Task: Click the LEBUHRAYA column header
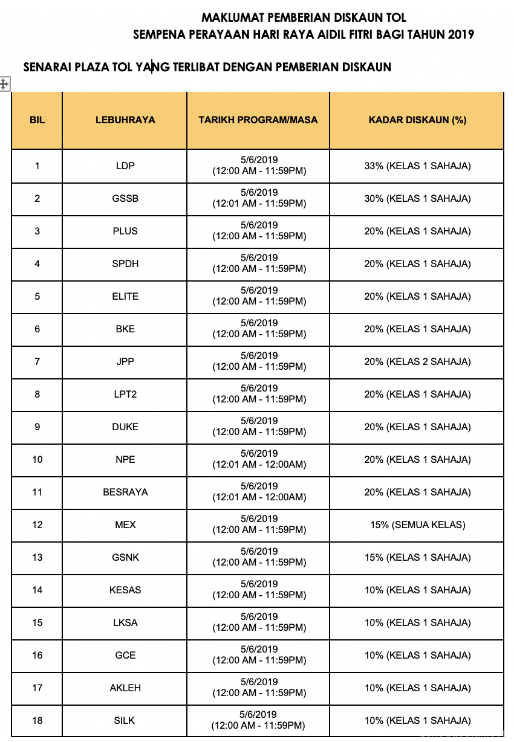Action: tap(125, 120)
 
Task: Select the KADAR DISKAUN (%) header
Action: tap(417, 120)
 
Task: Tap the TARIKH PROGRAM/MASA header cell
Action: tap(258, 120)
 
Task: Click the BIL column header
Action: tap(37, 120)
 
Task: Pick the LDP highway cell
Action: tap(125, 166)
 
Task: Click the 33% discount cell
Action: tap(417, 166)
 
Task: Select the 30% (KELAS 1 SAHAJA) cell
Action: tap(417, 198)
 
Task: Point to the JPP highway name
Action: tap(125, 361)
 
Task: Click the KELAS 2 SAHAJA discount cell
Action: tap(417, 361)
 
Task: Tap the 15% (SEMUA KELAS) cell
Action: tap(417, 524)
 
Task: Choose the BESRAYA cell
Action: tap(125, 492)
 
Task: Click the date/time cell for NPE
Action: tap(259, 459)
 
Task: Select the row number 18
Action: tap(37, 720)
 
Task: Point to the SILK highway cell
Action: tap(125, 720)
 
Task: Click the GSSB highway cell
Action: tap(125, 198)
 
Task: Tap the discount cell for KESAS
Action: tap(417, 590)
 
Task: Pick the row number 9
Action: tap(37, 427)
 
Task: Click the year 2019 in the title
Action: tap(461, 34)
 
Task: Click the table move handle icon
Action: tap(4, 84)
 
